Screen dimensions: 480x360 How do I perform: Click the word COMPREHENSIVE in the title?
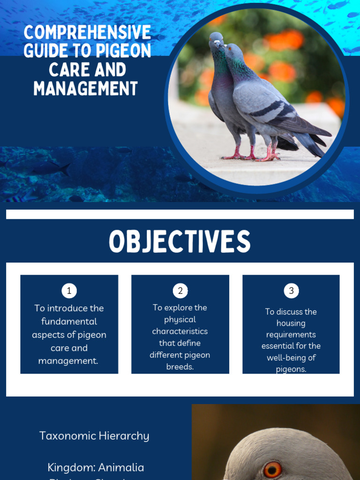pos(88,33)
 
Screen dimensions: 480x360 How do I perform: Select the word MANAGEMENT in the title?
pos(86,89)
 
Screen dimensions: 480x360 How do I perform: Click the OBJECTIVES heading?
pos(180,242)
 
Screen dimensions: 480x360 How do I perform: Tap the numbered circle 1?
pos(69,291)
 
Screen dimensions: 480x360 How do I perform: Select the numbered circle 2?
pos(180,291)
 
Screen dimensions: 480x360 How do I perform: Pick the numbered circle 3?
pos(291,291)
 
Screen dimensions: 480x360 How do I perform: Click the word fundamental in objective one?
pos(69,322)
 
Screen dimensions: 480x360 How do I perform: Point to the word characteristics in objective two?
pos(180,331)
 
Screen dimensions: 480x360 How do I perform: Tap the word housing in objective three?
pos(291,323)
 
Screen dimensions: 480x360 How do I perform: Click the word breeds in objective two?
pos(180,367)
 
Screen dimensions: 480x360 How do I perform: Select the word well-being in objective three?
pos(291,358)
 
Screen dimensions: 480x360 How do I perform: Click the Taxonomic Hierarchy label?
pos(94,436)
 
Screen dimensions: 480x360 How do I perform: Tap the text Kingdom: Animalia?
pos(96,467)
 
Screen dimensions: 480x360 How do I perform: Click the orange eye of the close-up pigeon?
pos(272,469)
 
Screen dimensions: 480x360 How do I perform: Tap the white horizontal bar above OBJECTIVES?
pos(180,214)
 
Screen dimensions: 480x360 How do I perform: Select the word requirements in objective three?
pos(291,335)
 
